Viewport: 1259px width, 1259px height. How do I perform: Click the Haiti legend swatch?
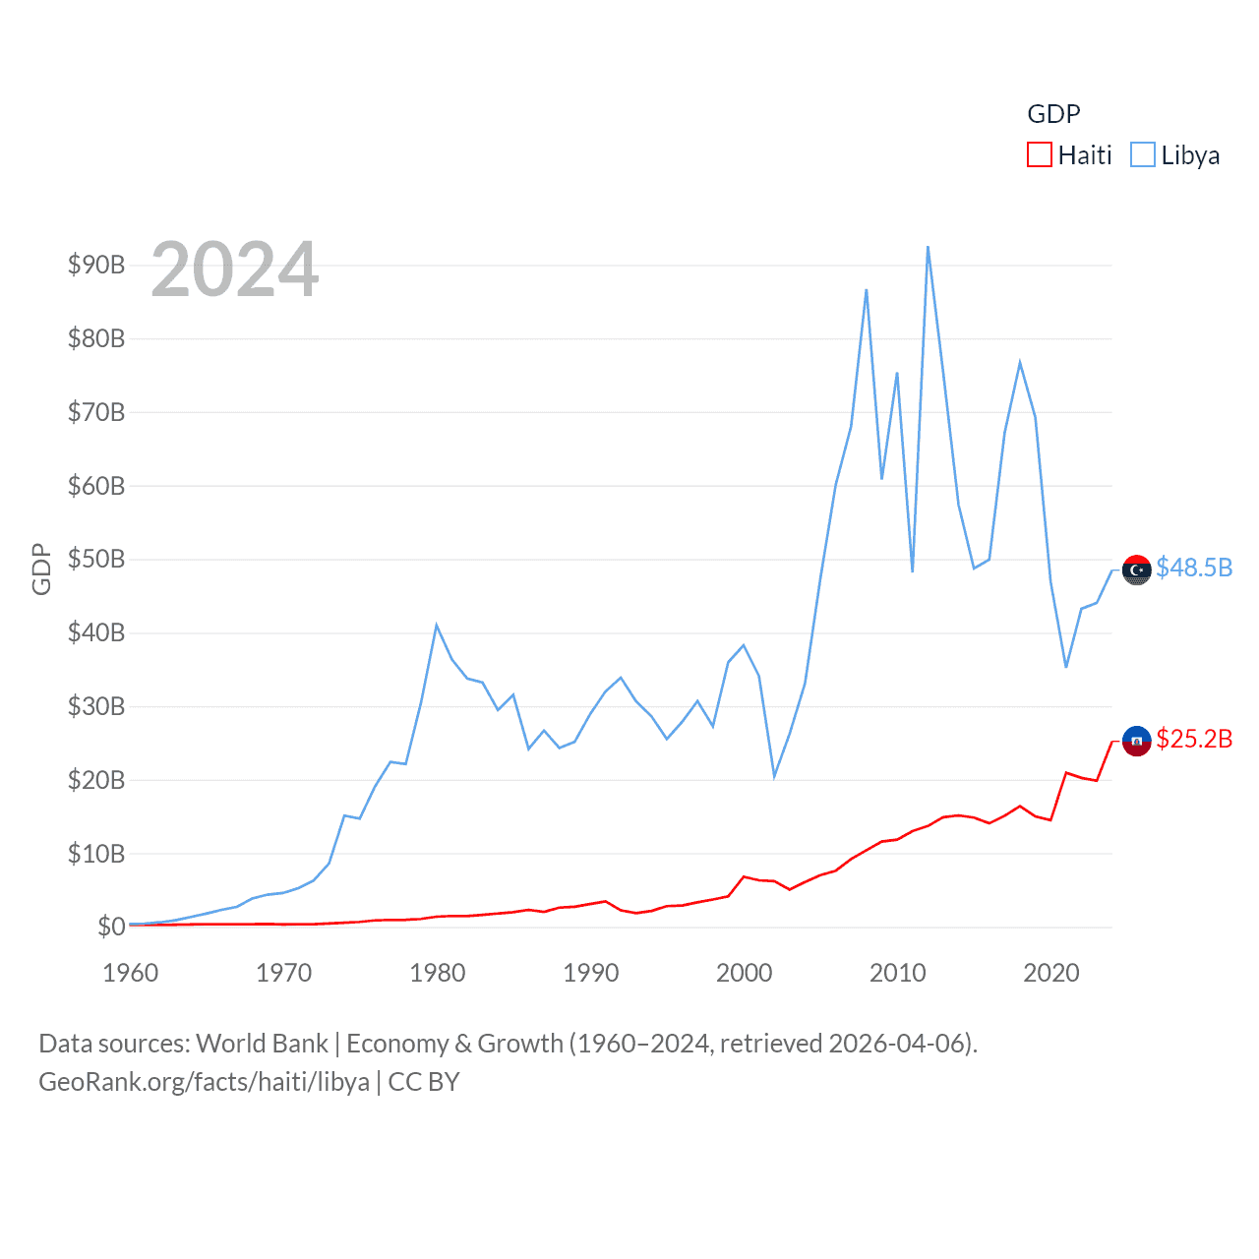1040,155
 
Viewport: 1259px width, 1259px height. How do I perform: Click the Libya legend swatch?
1142,155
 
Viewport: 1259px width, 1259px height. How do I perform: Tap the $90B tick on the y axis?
96,265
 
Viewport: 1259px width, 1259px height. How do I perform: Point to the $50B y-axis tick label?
96,559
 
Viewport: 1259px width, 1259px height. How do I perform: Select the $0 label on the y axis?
111,927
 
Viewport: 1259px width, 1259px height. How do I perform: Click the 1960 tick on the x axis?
131,973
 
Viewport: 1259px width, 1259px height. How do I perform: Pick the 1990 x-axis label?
591,973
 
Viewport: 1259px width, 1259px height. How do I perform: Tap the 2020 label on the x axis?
1051,973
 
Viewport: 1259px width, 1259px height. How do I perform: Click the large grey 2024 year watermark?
235,270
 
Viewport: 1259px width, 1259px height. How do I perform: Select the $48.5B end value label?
1194,568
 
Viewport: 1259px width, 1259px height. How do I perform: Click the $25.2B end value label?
1194,739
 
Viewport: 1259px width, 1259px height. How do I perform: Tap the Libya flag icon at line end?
1137,570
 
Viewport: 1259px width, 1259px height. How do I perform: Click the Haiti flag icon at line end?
1137,741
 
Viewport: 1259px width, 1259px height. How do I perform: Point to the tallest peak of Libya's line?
928,248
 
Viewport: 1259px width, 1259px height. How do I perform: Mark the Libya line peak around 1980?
436,625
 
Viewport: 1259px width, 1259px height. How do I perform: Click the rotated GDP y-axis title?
41,569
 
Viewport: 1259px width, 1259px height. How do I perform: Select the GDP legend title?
1053,114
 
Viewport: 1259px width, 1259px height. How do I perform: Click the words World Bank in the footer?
263,1044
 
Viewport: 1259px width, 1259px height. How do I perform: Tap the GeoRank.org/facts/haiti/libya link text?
204,1082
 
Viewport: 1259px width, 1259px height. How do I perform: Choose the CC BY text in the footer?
424,1082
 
